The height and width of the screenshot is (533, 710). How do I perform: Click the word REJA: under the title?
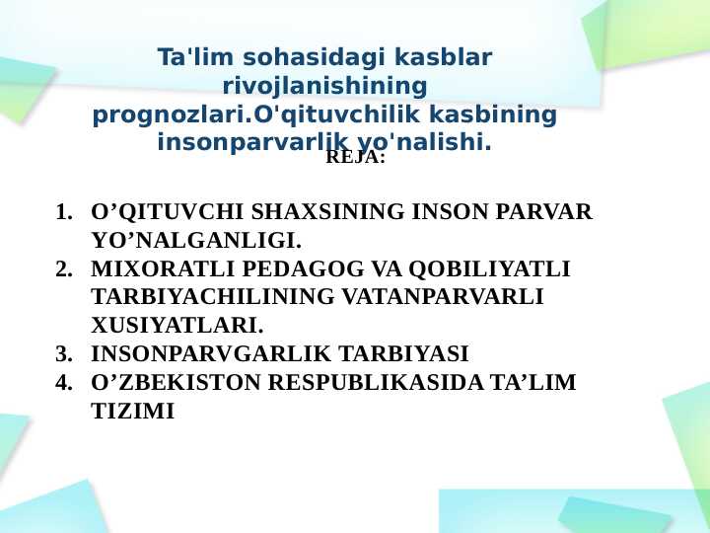pyautogui.click(x=355, y=158)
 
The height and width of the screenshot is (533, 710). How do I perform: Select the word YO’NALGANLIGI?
pyautogui.click(x=195, y=241)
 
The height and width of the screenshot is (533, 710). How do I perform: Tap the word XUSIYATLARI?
pyautogui.click(x=177, y=326)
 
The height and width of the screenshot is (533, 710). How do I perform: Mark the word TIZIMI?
pyautogui.click(x=132, y=412)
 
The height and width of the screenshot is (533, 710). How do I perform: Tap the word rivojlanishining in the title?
pyautogui.click(x=324, y=87)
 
